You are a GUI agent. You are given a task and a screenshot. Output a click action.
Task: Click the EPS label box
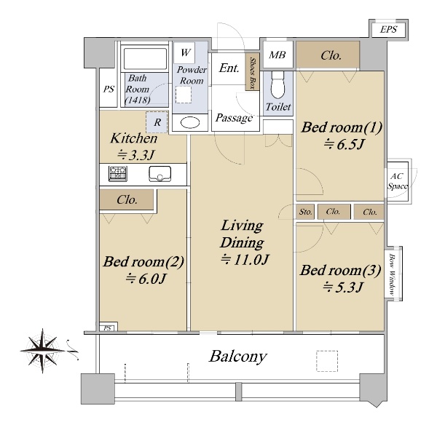coord(388,29)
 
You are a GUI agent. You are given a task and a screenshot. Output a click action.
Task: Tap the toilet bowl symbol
coord(277,84)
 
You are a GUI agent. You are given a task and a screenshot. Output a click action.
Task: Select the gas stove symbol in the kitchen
coord(117,174)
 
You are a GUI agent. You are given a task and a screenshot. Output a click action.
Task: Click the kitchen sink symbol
coord(160,174)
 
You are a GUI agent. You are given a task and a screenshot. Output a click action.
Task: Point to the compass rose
coord(43,351)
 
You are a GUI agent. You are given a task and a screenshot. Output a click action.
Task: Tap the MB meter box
coord(277,55)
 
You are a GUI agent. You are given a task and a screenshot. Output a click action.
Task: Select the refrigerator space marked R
coord(157,122)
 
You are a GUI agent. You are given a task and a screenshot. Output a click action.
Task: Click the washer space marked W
coord(184,52)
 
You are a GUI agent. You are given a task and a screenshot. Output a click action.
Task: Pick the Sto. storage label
coord(305,212)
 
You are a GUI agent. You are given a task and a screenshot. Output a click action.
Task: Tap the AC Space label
coord(397,181)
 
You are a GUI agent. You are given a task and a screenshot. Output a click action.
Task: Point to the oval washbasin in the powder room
coord(190,122)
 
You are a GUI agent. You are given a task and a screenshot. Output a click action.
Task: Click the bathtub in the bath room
coord(145,59)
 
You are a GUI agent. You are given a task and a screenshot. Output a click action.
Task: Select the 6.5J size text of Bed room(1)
coord(344,144)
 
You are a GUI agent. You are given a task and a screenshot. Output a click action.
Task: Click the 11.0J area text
coord(245,260)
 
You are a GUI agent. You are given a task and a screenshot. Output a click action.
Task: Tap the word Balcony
coord(238,357)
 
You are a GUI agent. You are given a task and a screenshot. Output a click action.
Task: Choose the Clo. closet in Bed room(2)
coord(127,199)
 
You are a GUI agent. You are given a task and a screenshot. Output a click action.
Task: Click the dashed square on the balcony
coord(327,361)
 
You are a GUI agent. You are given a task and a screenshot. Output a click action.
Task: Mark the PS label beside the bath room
coord(109,89)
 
